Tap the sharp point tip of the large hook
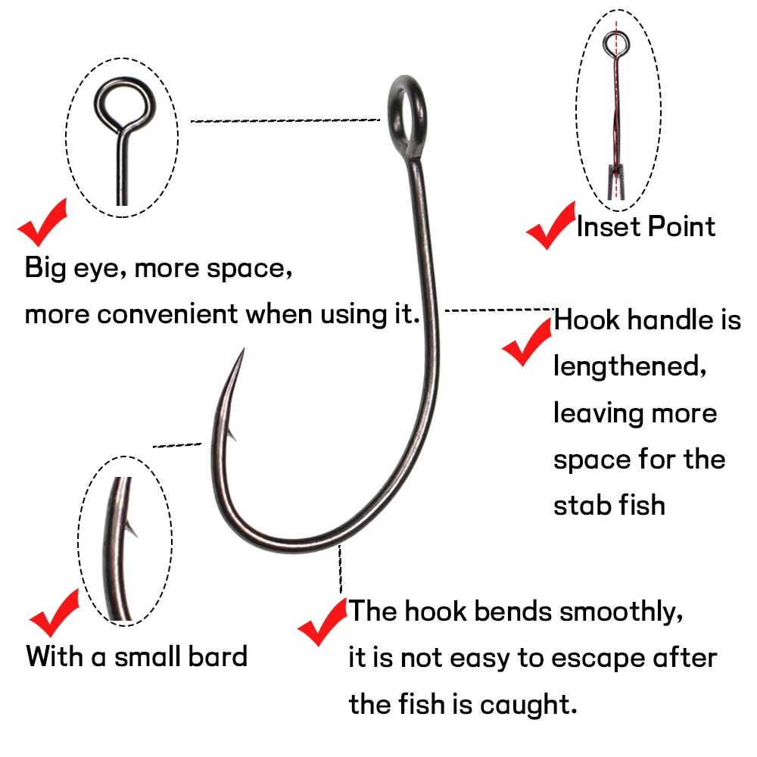point(244,348)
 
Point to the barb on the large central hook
point(231,433)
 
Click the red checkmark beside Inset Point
point(550,226)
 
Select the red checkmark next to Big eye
point(42,222)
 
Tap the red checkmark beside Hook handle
point(526,341)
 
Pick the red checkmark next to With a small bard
point(54,613)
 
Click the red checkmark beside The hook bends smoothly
point(322,621)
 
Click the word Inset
point(609,226)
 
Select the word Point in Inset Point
point(681,226)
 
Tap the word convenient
point(167,314)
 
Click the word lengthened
point(630,366)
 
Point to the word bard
point(217,656)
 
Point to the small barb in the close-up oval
point(131,528)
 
